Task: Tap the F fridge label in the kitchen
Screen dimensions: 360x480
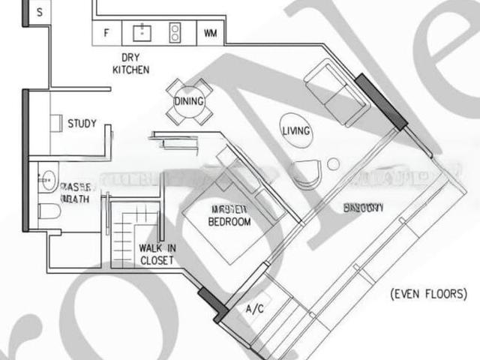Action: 106,33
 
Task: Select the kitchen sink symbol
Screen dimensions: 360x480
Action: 142,32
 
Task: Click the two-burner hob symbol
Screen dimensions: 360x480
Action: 175,32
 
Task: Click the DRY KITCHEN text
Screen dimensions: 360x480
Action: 130,63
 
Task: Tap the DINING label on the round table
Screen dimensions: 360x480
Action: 189,101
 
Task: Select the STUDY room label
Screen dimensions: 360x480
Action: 82,123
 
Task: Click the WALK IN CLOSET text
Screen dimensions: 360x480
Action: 156,254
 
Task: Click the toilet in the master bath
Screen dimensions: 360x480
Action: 49,211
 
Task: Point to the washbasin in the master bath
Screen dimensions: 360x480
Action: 48,178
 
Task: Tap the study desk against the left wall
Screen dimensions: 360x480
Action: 56,124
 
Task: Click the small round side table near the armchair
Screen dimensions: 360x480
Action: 333,164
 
